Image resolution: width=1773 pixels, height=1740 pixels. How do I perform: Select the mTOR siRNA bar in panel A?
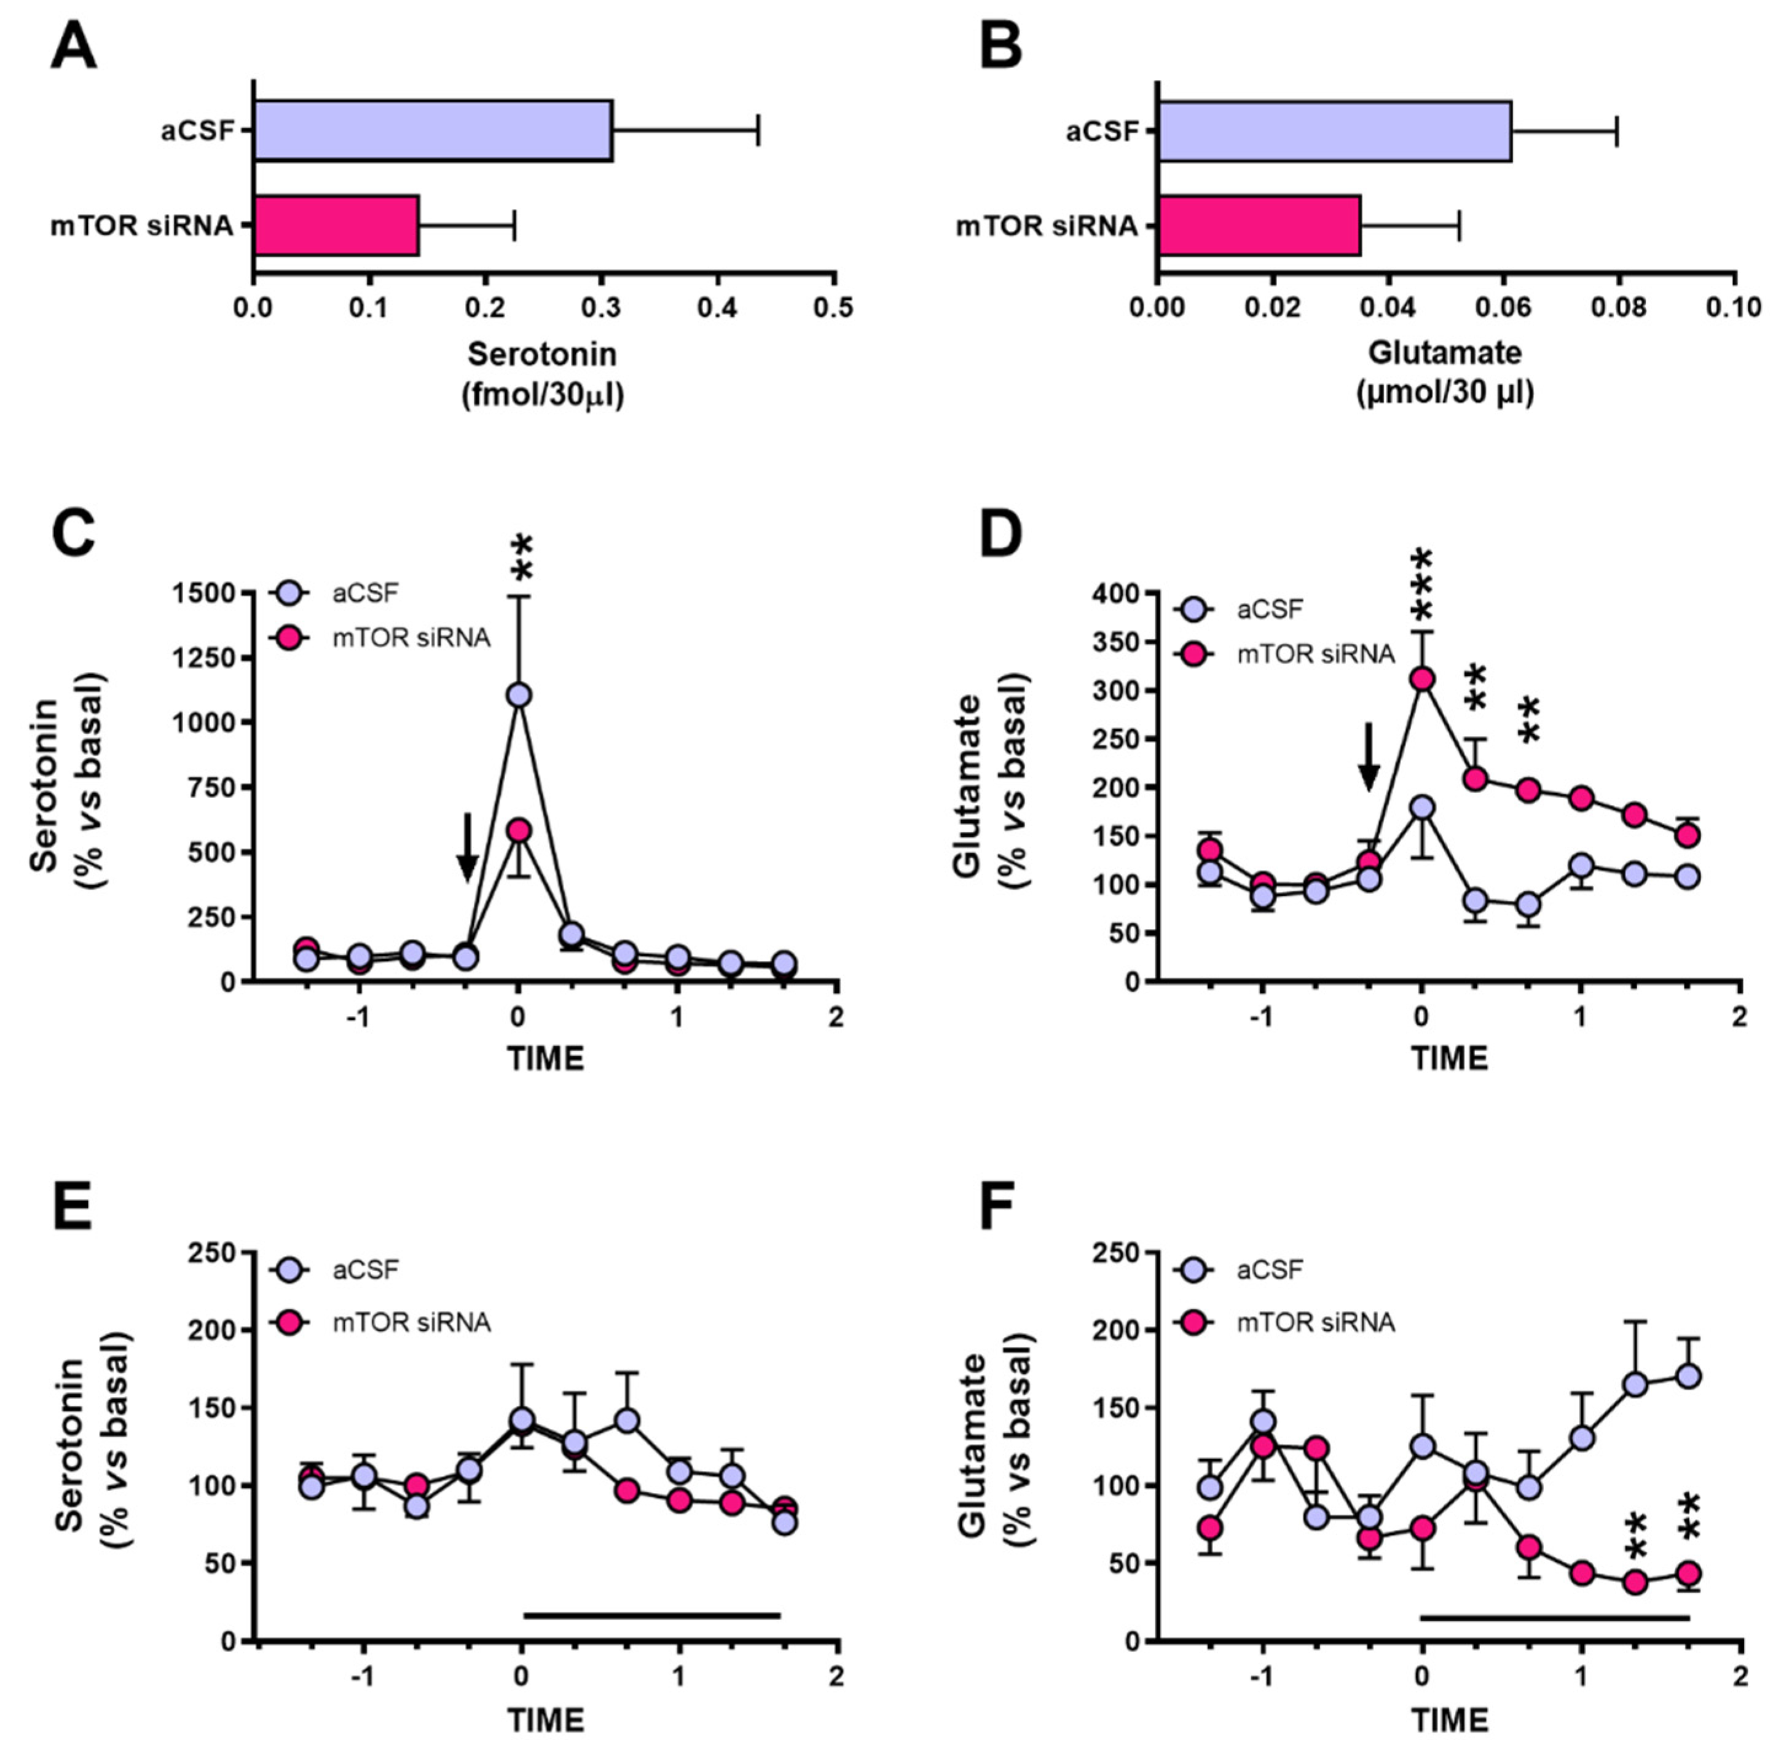336,225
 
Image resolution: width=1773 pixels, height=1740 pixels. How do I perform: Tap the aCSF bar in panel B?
1334,131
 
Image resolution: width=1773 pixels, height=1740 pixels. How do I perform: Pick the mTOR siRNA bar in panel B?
1259,225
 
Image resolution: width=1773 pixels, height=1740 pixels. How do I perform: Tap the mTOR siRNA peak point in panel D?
1421,679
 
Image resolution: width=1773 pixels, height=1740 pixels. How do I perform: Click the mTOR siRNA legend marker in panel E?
289,1322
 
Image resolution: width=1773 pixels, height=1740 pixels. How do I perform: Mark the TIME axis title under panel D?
1450,1058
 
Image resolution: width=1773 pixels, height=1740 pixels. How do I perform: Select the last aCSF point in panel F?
1688,1376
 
